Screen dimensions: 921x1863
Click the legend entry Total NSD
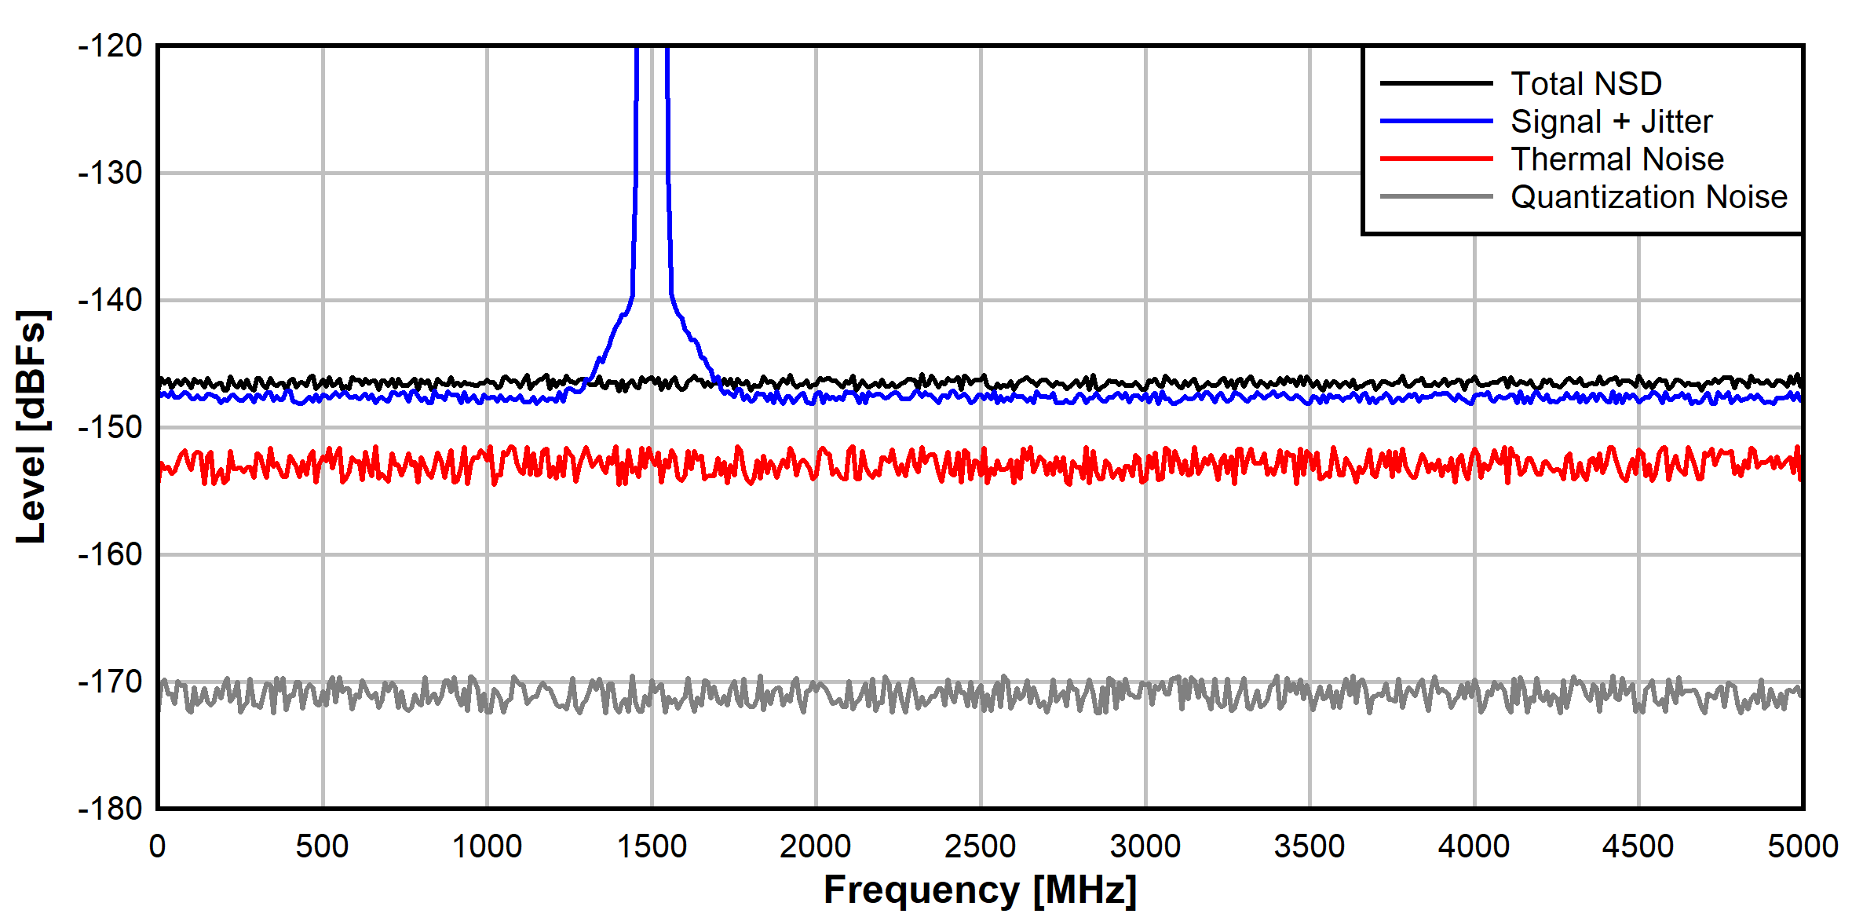coord(1586,83)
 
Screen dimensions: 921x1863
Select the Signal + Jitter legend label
coord(1611,122)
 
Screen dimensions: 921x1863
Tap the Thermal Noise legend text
coord(1617,159)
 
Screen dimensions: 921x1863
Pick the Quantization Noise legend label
coord(1649,197)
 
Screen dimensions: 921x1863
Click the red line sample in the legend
coord(1436,159)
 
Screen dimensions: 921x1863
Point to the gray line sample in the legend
coord(1436,196)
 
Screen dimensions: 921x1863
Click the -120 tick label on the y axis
coord(110,46)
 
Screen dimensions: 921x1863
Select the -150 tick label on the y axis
coord(110,427)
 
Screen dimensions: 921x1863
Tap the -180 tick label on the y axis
coord(110,808)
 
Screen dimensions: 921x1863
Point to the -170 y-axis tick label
coord(110,682)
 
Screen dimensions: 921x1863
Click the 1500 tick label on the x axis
coord(652,846)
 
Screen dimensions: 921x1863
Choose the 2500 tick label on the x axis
coord(981,846)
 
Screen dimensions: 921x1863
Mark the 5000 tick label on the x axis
coord(1803,846)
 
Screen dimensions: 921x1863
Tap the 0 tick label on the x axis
coord(158,846)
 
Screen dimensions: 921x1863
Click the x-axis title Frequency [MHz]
coord(980,890)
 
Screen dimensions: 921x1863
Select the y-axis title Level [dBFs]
coord(32,426)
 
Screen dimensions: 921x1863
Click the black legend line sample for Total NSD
coord(1436,83)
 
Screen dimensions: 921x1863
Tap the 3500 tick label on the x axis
coord(1310,846)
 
